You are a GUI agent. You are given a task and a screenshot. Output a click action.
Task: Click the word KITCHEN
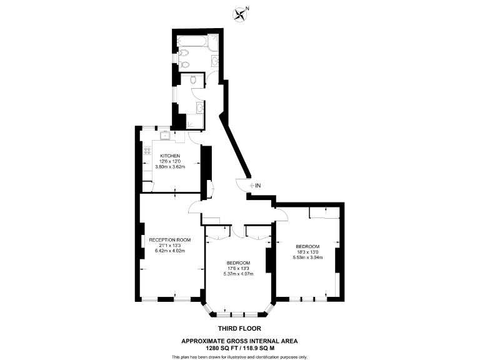pos(170,156)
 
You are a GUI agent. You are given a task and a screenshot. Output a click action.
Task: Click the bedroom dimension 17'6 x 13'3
pos(239,267)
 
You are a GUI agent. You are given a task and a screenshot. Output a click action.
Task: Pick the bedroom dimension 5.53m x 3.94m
pos(307,257)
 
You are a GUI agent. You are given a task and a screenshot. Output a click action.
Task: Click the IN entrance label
pos(258,186)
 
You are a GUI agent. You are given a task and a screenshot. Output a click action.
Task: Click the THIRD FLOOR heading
pos(239,328)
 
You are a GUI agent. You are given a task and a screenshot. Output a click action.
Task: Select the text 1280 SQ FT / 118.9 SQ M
pos(239,347)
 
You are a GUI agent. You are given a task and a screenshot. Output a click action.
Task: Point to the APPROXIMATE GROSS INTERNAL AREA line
pos(239,341)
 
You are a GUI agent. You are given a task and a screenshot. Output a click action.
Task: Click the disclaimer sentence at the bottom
pos(239,356)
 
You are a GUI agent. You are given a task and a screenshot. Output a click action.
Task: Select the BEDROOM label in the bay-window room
pos(239,262)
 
